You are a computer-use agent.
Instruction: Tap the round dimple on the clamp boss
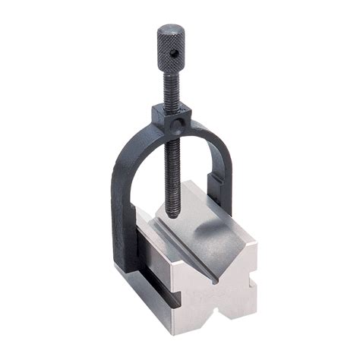point(178,122)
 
